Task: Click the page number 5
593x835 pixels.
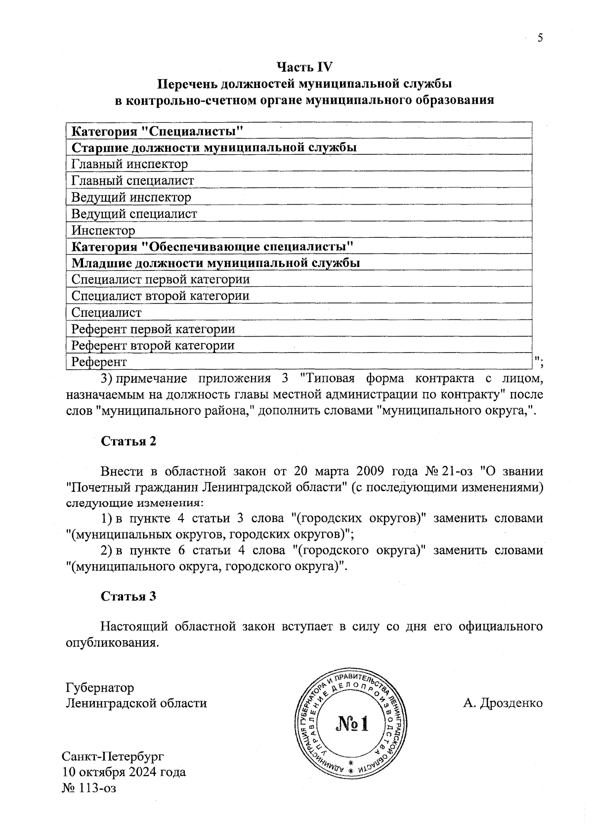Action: pos(540,38)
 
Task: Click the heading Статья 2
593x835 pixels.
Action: pos(128,441)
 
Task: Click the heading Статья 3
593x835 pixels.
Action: pos(128,596)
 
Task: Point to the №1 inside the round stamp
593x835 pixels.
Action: pos(352,724)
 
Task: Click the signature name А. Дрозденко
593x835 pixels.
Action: pos(503,703)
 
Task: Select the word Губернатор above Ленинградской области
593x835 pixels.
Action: pos(100,688)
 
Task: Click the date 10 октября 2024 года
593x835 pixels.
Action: pos(124,772)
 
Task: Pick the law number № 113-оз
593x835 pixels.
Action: pos(89,788)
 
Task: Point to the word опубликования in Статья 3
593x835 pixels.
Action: pos(112,643)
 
